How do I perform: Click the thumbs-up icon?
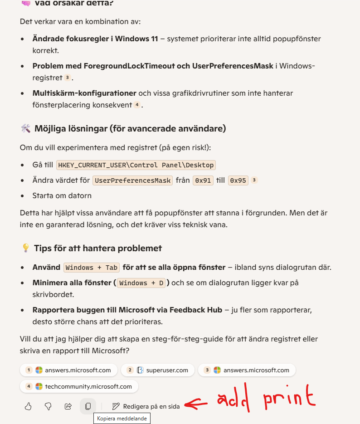click(x=28, y=406)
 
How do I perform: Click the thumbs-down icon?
click(x=48, y=406)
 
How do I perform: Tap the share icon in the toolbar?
click(x=68, y=406)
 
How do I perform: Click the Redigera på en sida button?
click(x=146, y=406)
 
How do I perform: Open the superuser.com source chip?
click(x=157, y=370)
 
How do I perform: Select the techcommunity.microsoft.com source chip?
click(x=79, y=386)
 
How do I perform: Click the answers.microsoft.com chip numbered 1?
click(x=68, y=370)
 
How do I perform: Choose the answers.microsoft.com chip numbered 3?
click(x=247, y=370)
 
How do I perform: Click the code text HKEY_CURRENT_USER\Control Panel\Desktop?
click(x=136, y=165)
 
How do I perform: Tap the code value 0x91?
click(x=203, y=180)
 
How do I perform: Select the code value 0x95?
click(x=238, y=180)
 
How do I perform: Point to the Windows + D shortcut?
click(x=142, y=283)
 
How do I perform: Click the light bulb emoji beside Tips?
click(x=26, y=249)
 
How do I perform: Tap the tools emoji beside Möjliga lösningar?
click(x=25, y=128)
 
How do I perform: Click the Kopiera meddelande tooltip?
click(x=122, y=419)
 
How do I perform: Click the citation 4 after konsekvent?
click(x=136, y=105)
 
